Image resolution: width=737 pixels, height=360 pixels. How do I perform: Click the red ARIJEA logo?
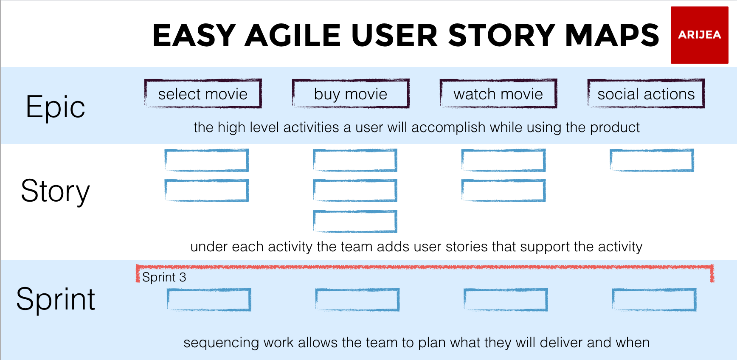click(699, 35)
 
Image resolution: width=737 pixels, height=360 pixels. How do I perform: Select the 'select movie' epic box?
click(203, 94)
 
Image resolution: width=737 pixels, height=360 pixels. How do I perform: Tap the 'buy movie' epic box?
click(351, 94)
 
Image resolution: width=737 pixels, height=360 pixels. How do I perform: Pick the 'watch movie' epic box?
click(498, 94)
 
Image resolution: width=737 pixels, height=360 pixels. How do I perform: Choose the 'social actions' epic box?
click(646, 94)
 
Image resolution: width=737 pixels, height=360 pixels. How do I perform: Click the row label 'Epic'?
click(55, 107)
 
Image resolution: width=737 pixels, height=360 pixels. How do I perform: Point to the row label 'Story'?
click(55, 191)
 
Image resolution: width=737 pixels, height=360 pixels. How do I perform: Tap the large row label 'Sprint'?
click(55, 299)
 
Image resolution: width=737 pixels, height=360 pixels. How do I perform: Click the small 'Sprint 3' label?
click(164, 277)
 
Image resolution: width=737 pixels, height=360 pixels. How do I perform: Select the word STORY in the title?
click(501, 35)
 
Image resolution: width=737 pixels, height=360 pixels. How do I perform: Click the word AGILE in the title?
click(293, 35)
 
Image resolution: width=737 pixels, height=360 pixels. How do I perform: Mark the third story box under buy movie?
click(355, 221)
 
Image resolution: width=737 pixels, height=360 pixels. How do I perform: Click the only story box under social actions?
click(652, 160)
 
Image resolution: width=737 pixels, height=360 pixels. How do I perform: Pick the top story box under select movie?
click(206, 160)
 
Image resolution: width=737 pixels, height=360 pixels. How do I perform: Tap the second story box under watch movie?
click(503, 191)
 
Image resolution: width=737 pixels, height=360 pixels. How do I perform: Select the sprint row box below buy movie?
click(357, 300)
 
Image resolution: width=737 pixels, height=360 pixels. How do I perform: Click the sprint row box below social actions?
click(654, 300)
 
